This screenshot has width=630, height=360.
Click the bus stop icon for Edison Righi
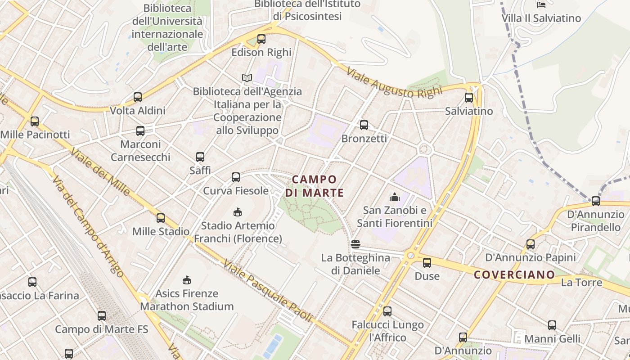click(261, 39)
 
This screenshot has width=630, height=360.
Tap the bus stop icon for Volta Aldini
click(138, 97)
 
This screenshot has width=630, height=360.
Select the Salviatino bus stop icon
click(469, 98)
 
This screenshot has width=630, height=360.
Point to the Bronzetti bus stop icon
click(364, 125)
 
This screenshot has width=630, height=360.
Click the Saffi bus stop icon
click(200, 157)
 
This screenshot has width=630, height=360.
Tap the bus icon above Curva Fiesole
click(236, 177)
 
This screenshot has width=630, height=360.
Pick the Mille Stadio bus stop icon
click(161, 218)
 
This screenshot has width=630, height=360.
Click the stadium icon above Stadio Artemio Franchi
click(238, 212)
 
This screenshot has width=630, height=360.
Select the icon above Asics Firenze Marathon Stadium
click(187, 280)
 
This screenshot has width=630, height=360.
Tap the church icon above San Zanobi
click(395, 197)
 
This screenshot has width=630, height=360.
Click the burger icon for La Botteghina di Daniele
click(355, 244)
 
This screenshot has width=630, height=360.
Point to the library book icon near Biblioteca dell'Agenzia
click(247, 78)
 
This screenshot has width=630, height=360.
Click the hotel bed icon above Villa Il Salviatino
click(541, 5)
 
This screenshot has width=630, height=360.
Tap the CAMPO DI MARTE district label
click(315, 186)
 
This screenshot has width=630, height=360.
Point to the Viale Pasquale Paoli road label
click(267, 292)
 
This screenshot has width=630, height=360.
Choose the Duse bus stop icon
click(427, 263)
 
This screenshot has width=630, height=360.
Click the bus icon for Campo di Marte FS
click(102, 316)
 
